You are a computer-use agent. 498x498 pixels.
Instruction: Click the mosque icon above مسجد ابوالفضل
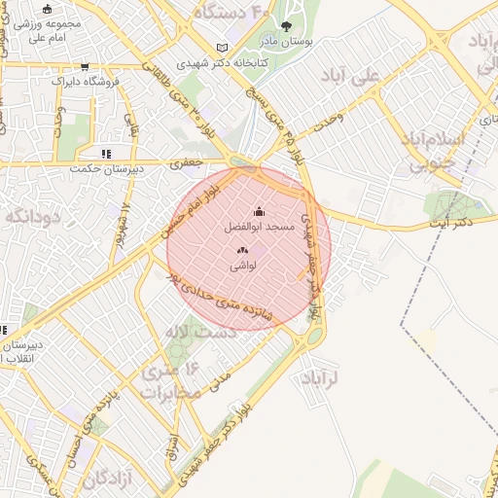click(258, 211)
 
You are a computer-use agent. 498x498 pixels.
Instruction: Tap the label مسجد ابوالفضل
click(259, 226)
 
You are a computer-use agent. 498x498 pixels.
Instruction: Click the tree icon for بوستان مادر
click(286, 27)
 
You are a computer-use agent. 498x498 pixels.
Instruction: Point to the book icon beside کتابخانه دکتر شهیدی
click(224, 48)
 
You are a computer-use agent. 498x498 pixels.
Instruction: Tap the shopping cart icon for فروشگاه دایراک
click(87, 67)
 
